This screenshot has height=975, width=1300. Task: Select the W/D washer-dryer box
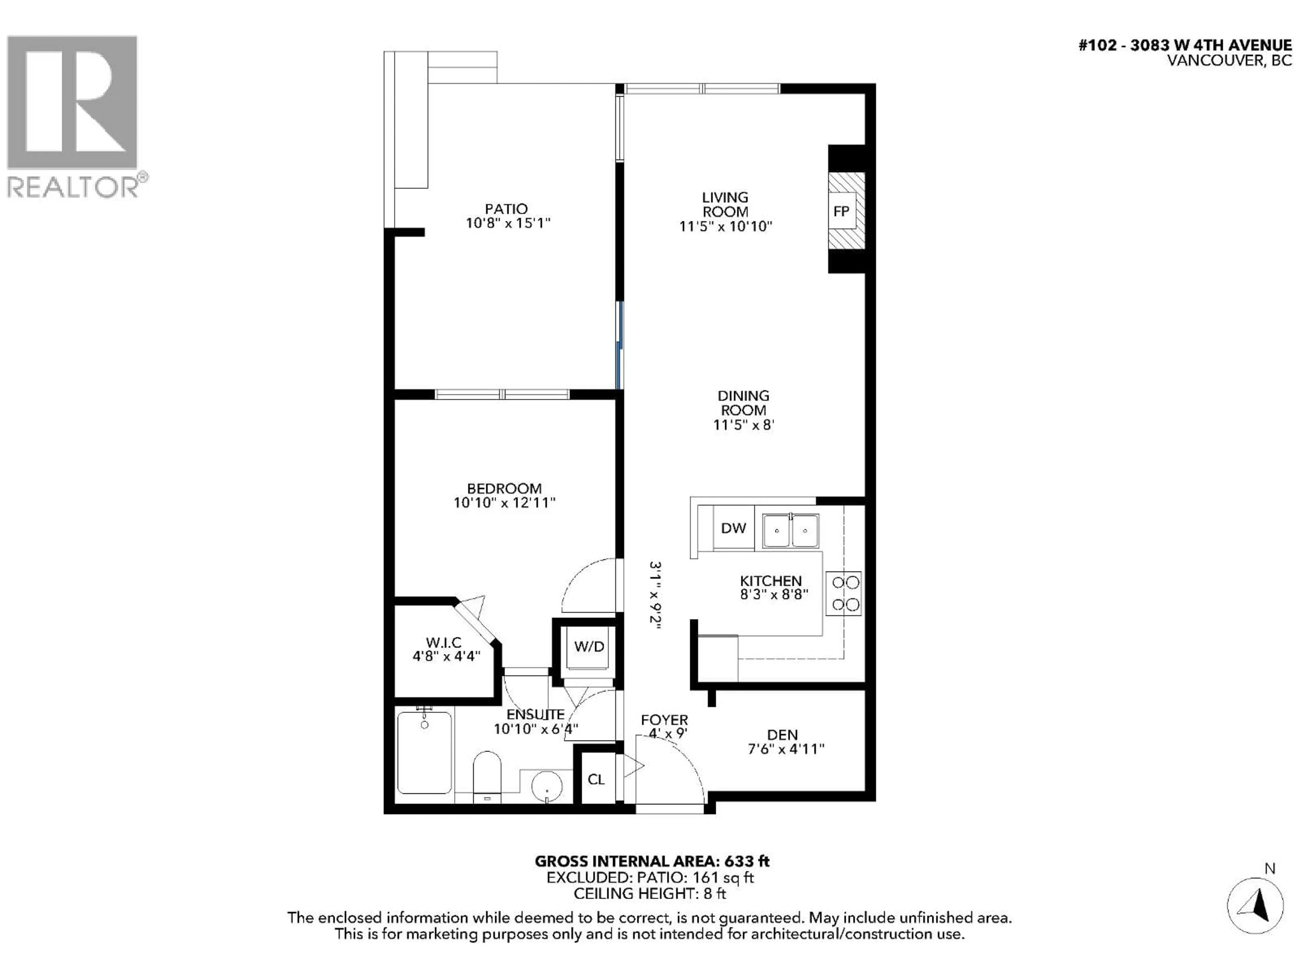pyautogui.click(x=589, y=647)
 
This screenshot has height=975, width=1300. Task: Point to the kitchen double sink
pyautogui.click(x=790, y=531)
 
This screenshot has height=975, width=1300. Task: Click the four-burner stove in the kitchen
pyautogui.click(x=843, y=593)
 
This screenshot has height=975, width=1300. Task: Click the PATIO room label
pyautogui.click(x=506, y=209)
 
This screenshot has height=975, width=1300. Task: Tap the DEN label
pyautogui.click(x=782, y=735)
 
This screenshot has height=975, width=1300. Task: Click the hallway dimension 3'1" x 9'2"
pyautogui.click(x=655, y=595)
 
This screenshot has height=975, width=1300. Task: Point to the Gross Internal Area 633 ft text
pyautogui.click(x=652, y=862)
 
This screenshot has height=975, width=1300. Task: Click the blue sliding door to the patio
pyautogui.click(x=620, y=346)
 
